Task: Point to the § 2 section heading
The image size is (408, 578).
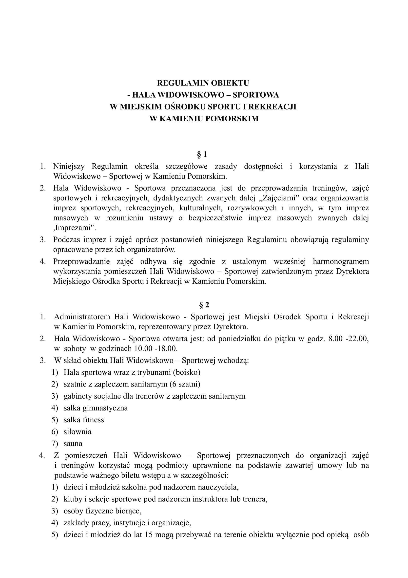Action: tap(204, 305)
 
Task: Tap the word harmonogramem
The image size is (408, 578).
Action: tap(341, 261)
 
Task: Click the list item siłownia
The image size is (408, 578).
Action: tap(78, 431)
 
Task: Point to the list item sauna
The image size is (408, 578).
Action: tap(73, 443)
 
